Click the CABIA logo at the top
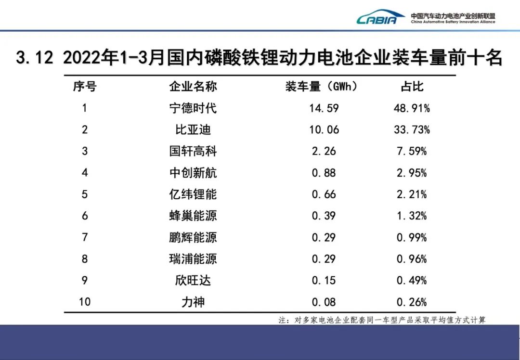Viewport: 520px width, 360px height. [x=381, y=18]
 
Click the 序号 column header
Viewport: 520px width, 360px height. [x=85, y=87]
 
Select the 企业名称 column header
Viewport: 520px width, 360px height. [x=193, y=87]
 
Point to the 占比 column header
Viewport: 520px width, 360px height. [x=412, y=87]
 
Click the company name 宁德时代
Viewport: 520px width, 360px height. [x=193, y=108]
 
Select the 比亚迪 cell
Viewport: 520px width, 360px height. [x=193, y=130]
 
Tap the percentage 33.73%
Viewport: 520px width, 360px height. [x=412, y=130]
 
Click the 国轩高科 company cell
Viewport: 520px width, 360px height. [x=193, y=151]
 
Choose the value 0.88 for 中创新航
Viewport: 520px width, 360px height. [x=324, y=173]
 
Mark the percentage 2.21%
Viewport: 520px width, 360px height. [x=412, y=194]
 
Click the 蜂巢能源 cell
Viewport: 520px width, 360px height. [x=193, y=216]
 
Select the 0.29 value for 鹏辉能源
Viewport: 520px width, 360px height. [x=324, y=237]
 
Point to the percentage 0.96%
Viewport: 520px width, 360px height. [x=412, y=259]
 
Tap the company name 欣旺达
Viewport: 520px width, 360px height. [x=193, y=280]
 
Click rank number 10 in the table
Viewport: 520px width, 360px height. [x=85, y=302]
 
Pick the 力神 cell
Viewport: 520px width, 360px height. [x=193, y=302]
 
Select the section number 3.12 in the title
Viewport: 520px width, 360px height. [x=34, y=58]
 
